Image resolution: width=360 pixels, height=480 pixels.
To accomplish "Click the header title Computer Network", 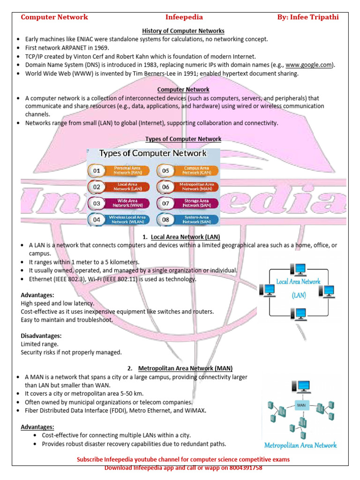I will point(54,17).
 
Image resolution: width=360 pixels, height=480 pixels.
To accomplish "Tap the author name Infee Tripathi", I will point(315,17).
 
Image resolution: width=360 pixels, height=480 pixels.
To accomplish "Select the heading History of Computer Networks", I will point(183,31).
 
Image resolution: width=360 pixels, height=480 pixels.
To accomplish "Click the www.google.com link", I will point(309,65).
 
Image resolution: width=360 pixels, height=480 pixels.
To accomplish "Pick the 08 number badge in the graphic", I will point(165,219).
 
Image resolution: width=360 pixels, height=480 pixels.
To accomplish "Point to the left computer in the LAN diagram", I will point(269,291).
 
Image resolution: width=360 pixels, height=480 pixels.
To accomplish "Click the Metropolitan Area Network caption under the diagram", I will point(300,445).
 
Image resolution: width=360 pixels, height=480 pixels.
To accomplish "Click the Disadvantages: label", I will point(41,336).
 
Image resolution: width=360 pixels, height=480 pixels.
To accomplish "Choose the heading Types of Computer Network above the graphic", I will point(183,139).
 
